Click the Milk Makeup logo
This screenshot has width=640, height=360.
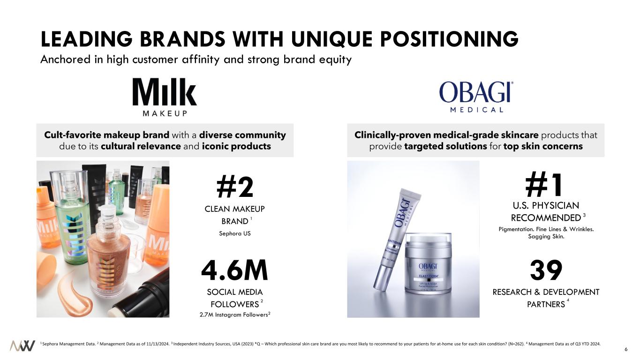(x=165, y=97)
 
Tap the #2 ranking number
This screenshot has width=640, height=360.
(x=235, y=187)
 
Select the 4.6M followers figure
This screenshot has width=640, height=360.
(x=234, y=270)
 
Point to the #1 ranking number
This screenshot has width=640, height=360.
(x=544, y=184)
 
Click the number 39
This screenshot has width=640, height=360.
(x=546, y=270)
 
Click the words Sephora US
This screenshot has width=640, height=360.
(x=235, y=233)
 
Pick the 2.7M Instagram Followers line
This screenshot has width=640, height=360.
(x=235, y=315)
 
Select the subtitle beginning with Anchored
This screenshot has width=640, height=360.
(x=196, y=60)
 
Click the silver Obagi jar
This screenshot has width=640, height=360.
(x=428, y=263)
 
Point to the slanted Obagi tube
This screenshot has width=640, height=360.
(x=397, y=240)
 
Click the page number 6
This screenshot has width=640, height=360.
(x=626, y=349)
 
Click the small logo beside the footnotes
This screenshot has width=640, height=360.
(x=23, y=346)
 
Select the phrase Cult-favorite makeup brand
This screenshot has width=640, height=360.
(x=106, y=135)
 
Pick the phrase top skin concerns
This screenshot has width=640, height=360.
(x=543, y=146)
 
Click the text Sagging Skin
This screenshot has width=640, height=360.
(x=546, y=237)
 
